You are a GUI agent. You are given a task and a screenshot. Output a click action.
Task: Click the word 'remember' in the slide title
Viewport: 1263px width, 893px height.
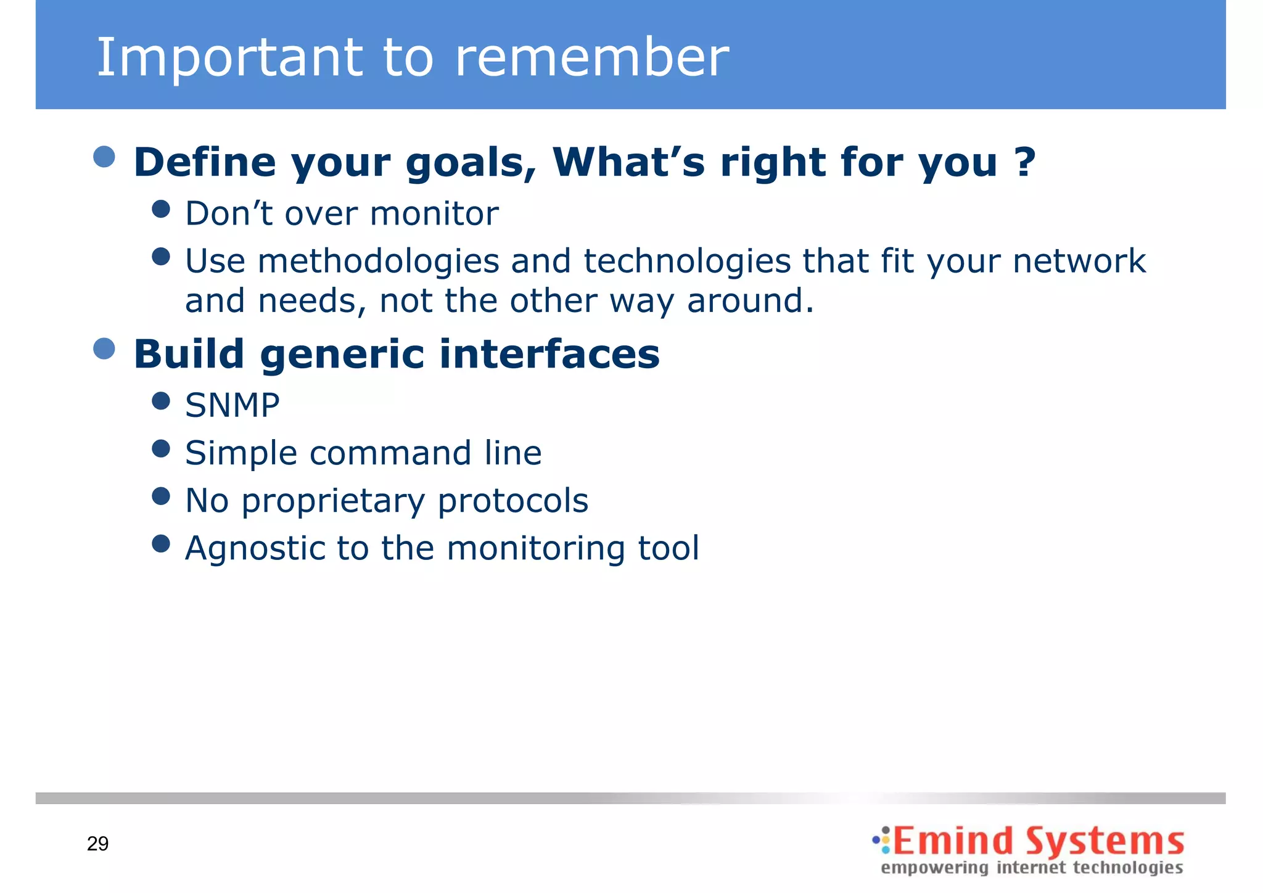592,57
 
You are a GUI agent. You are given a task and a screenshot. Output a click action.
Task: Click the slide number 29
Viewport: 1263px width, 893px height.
98,843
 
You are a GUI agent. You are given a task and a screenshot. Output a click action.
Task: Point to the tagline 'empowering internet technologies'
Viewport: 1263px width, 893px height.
1032,868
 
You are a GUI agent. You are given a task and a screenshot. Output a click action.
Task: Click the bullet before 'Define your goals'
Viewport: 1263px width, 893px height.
104,157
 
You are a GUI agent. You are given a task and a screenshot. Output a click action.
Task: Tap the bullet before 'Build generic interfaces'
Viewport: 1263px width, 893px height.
104,348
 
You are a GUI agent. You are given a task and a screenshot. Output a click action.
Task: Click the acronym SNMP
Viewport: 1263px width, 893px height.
232,405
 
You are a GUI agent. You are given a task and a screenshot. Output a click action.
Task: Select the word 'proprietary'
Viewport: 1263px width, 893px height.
333,501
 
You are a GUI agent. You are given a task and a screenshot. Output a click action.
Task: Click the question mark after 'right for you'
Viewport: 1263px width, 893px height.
1025,162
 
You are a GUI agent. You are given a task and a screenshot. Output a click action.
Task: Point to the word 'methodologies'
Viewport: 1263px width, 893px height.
378,261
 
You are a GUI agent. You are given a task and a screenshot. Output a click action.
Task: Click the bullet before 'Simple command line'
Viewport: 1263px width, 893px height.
161,448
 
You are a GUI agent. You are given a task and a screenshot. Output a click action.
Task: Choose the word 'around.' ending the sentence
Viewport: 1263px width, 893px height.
751,301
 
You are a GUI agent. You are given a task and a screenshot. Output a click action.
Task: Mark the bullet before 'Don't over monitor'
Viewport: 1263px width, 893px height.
161,209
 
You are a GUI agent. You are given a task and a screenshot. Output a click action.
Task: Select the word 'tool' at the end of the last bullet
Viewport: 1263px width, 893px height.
669,548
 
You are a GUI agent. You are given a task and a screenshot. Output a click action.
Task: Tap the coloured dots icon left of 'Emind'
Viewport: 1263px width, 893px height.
882,840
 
